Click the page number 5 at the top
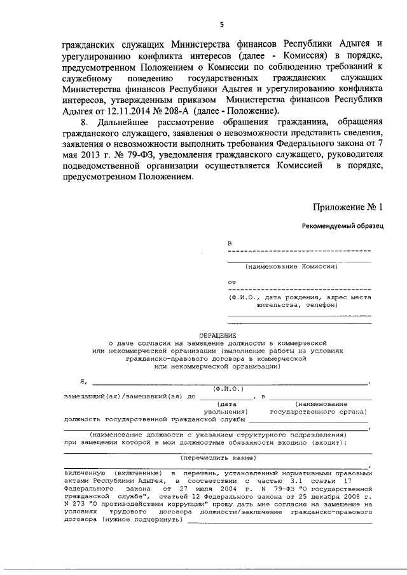pyautogui.click(x=221, y=25)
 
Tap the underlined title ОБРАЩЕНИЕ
pyautogui.click(x=217, y=335)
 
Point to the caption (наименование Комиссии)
pyautogui.click(x=292, y=267)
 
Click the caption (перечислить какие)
pyautogui.click(x=217, y=457)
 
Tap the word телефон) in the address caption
pyautogui.click(x=317, y=304)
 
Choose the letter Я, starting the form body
pyautogui.click(x=82, y=381)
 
